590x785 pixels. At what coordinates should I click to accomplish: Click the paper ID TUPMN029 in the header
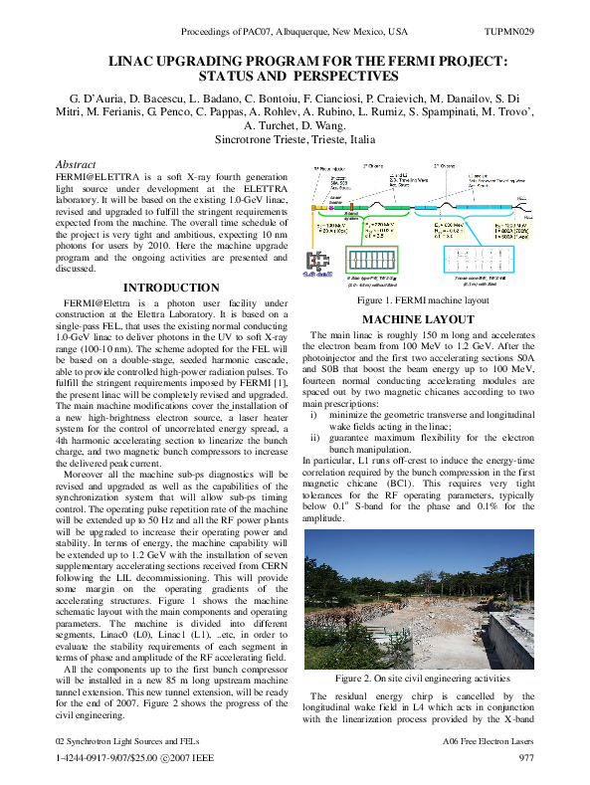click(513, 32)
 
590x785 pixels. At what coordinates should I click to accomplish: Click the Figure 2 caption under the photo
click(424, 679)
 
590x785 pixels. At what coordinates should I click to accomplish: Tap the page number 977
click(527, 758)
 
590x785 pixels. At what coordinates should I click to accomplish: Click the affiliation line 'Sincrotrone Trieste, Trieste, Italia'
click(295, 140)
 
